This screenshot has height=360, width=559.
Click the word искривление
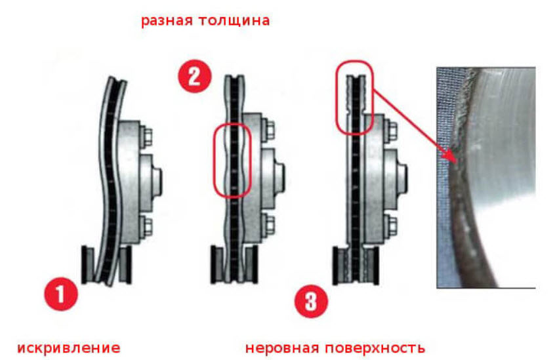(x=68, y=347)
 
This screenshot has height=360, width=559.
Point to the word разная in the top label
(x=166, y=20)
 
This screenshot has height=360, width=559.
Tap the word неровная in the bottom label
(x=283, y=347)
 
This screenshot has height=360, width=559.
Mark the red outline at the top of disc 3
(x=354, y=97)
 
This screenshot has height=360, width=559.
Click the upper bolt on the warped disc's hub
(x=148, y=136)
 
